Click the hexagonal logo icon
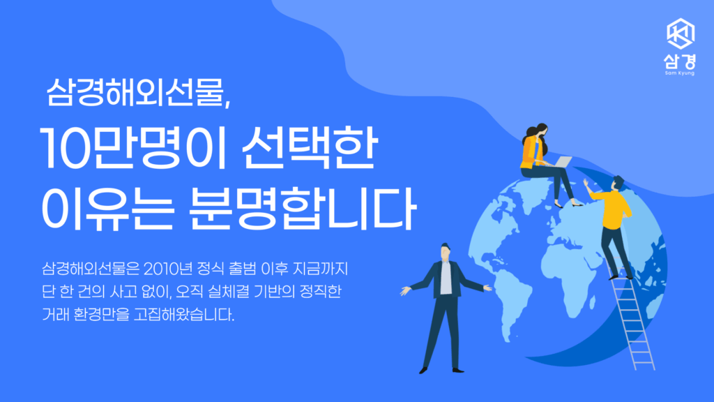[x=681, y=33]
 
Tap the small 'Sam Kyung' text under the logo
[x=680, y=73]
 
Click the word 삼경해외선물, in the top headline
[x=139, y=93]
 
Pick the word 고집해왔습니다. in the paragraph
[x=184, y=314]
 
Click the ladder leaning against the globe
[x=630, y=319]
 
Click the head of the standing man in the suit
[x=445, y=252]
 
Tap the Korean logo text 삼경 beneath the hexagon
[x=680, y=61]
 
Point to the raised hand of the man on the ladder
[x=586, y=184]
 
